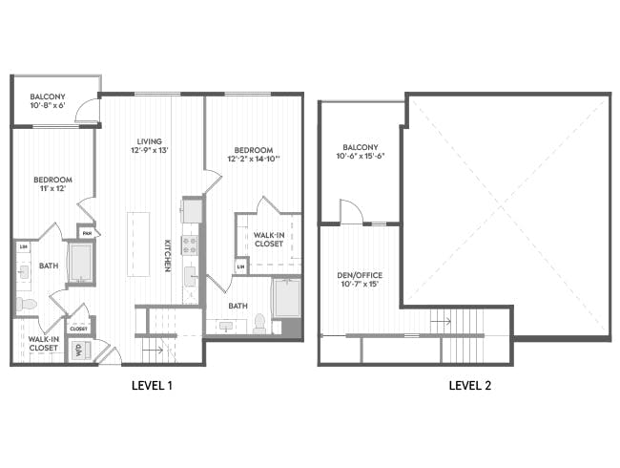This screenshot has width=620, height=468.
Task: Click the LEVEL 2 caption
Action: pyautogui.click(x=469, y=386)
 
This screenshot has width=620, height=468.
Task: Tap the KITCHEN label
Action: pyautogui.click(x=167, y=255)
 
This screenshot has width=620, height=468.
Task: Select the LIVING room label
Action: pyautogui.click(x=150, y=139)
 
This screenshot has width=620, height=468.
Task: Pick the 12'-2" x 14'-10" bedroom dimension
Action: pyautogui.click(x=254, y=160)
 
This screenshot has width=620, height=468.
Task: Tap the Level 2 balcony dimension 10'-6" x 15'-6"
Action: pyautogui.click(x=360, y=157)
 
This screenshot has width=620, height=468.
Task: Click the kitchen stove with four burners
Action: pyautogui.click(x=189, y=245)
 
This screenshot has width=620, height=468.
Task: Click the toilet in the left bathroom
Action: pyautogui.click(x=26, y=305)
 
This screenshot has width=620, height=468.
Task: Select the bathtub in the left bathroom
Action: pyautogui.click(x=80, y=264)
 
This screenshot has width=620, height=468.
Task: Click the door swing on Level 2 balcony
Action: pyautogui.click(x=350, y=212)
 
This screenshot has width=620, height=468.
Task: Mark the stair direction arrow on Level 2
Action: pyautogui.click(x=440, y=322)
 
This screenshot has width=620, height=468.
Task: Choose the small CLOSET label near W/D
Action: pyautogui.click(x=78, y=329)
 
